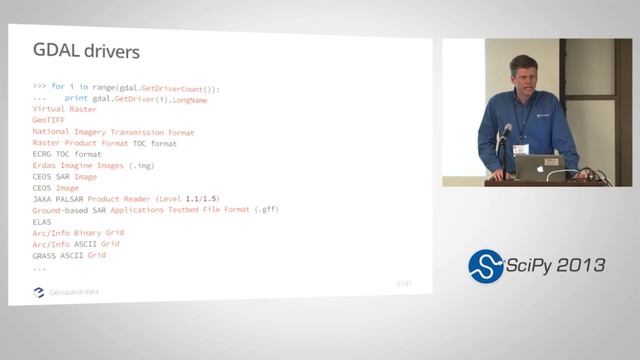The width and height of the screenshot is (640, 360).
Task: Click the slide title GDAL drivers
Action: (86, 51)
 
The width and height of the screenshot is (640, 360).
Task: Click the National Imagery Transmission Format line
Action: (113, 132)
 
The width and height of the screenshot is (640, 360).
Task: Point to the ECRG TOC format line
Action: (67, 154)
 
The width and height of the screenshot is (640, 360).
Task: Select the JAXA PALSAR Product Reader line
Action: (125, 199)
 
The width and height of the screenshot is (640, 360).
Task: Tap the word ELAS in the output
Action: (42, 222)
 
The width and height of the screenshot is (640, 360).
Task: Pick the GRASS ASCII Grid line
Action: (69, 255)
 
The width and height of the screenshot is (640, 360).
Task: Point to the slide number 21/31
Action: (404, 284)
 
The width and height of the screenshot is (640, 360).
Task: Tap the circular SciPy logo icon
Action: (486, 266)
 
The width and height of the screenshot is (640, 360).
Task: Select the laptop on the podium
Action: (541, 166)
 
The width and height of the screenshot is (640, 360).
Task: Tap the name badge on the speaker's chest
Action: (521, 149)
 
